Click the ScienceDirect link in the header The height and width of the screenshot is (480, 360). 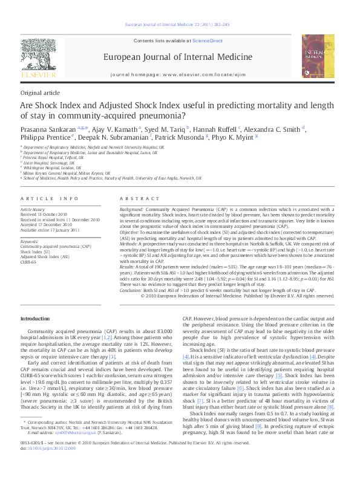[208, 41]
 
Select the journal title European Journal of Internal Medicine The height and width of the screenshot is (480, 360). [178, 57]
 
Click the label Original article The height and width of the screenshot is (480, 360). [40, 92]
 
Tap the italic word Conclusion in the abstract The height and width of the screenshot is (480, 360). [131, 290]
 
